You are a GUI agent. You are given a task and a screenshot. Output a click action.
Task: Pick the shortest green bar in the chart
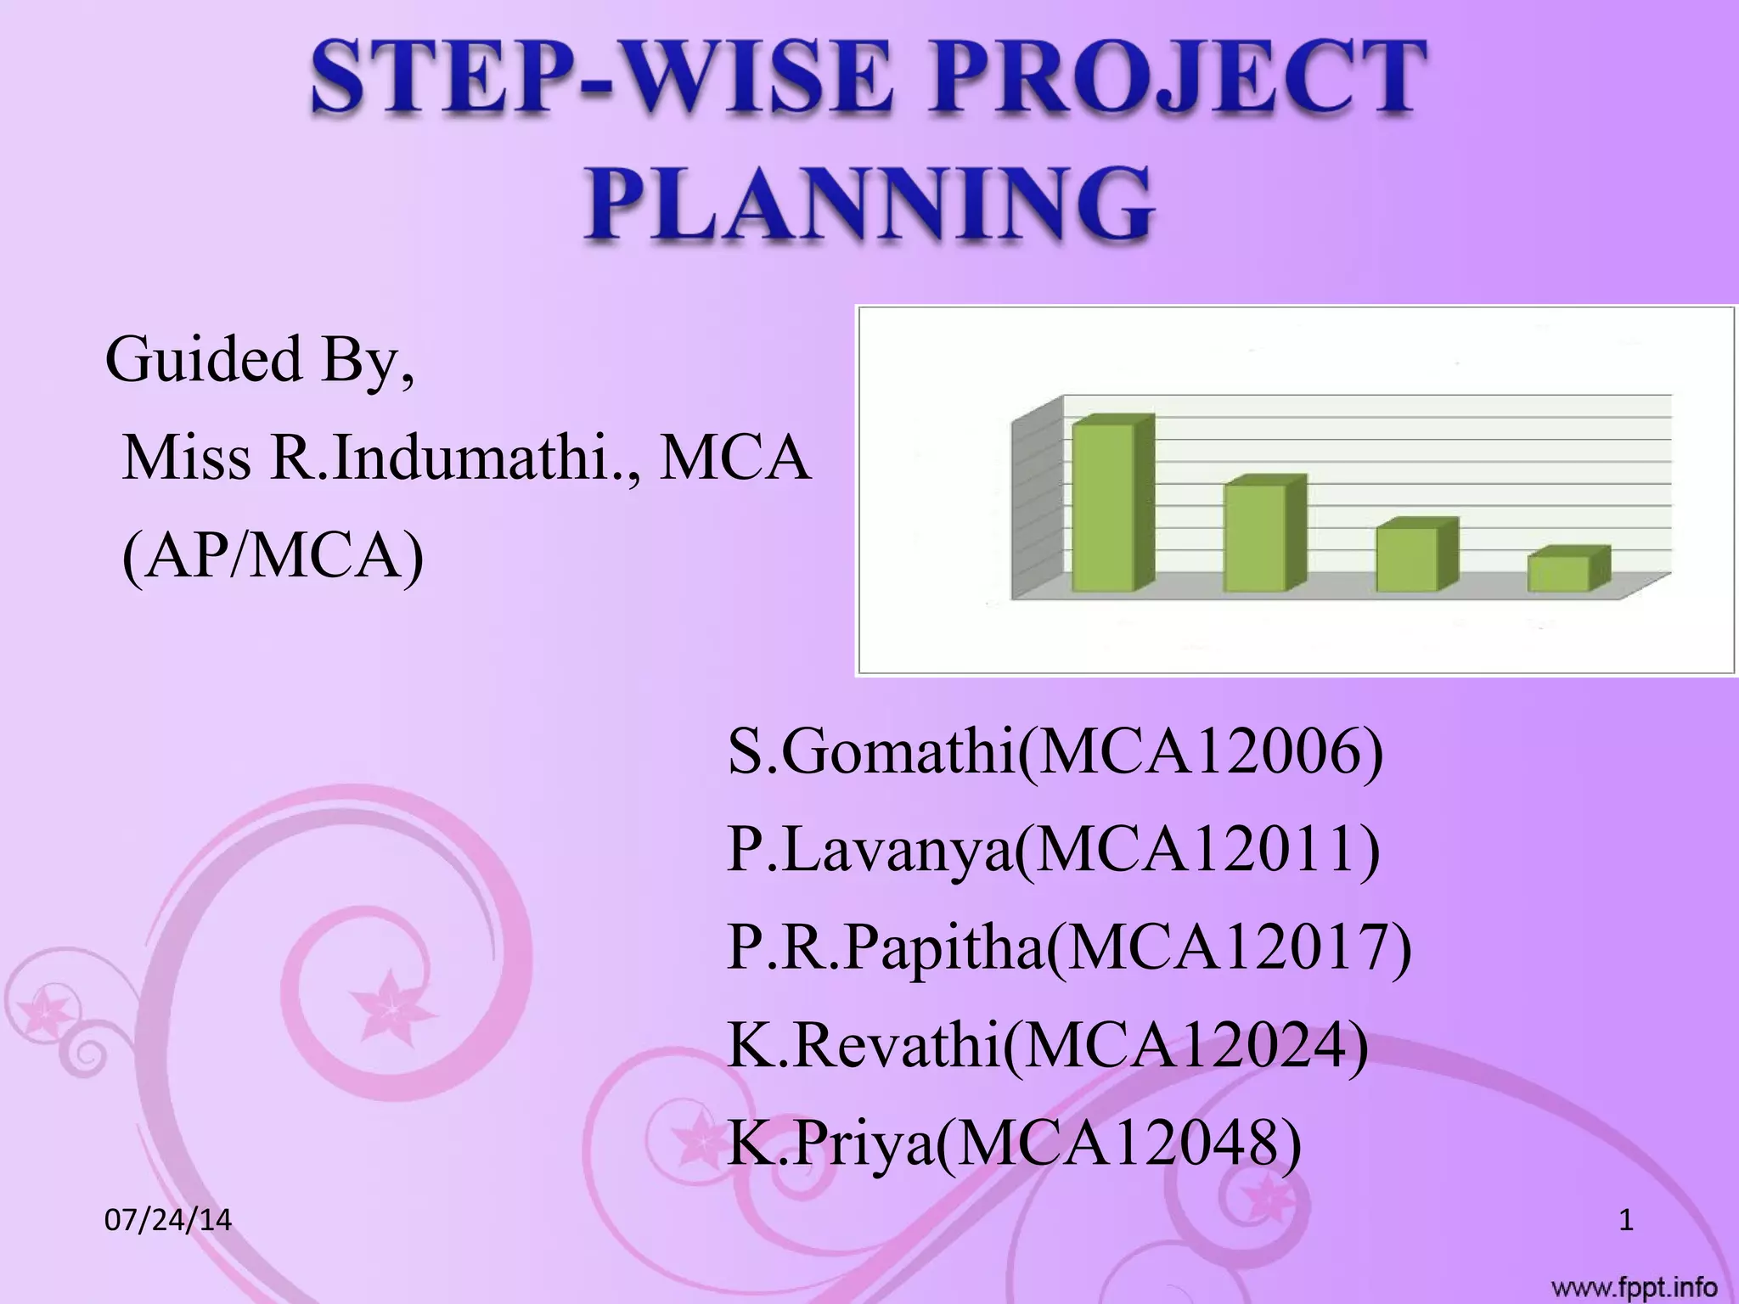point(1559,573)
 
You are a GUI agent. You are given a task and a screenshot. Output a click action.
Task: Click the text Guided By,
point(260,359)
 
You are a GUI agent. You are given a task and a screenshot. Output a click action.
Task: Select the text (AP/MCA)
point(273,557)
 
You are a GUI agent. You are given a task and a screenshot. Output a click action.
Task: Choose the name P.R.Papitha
point(885,947)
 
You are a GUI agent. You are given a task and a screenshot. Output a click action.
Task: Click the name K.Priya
point(830,1144)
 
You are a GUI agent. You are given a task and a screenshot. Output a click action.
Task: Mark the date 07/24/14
point(167,1220)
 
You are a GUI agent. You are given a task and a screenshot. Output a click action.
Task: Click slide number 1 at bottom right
point(1626,1221)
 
